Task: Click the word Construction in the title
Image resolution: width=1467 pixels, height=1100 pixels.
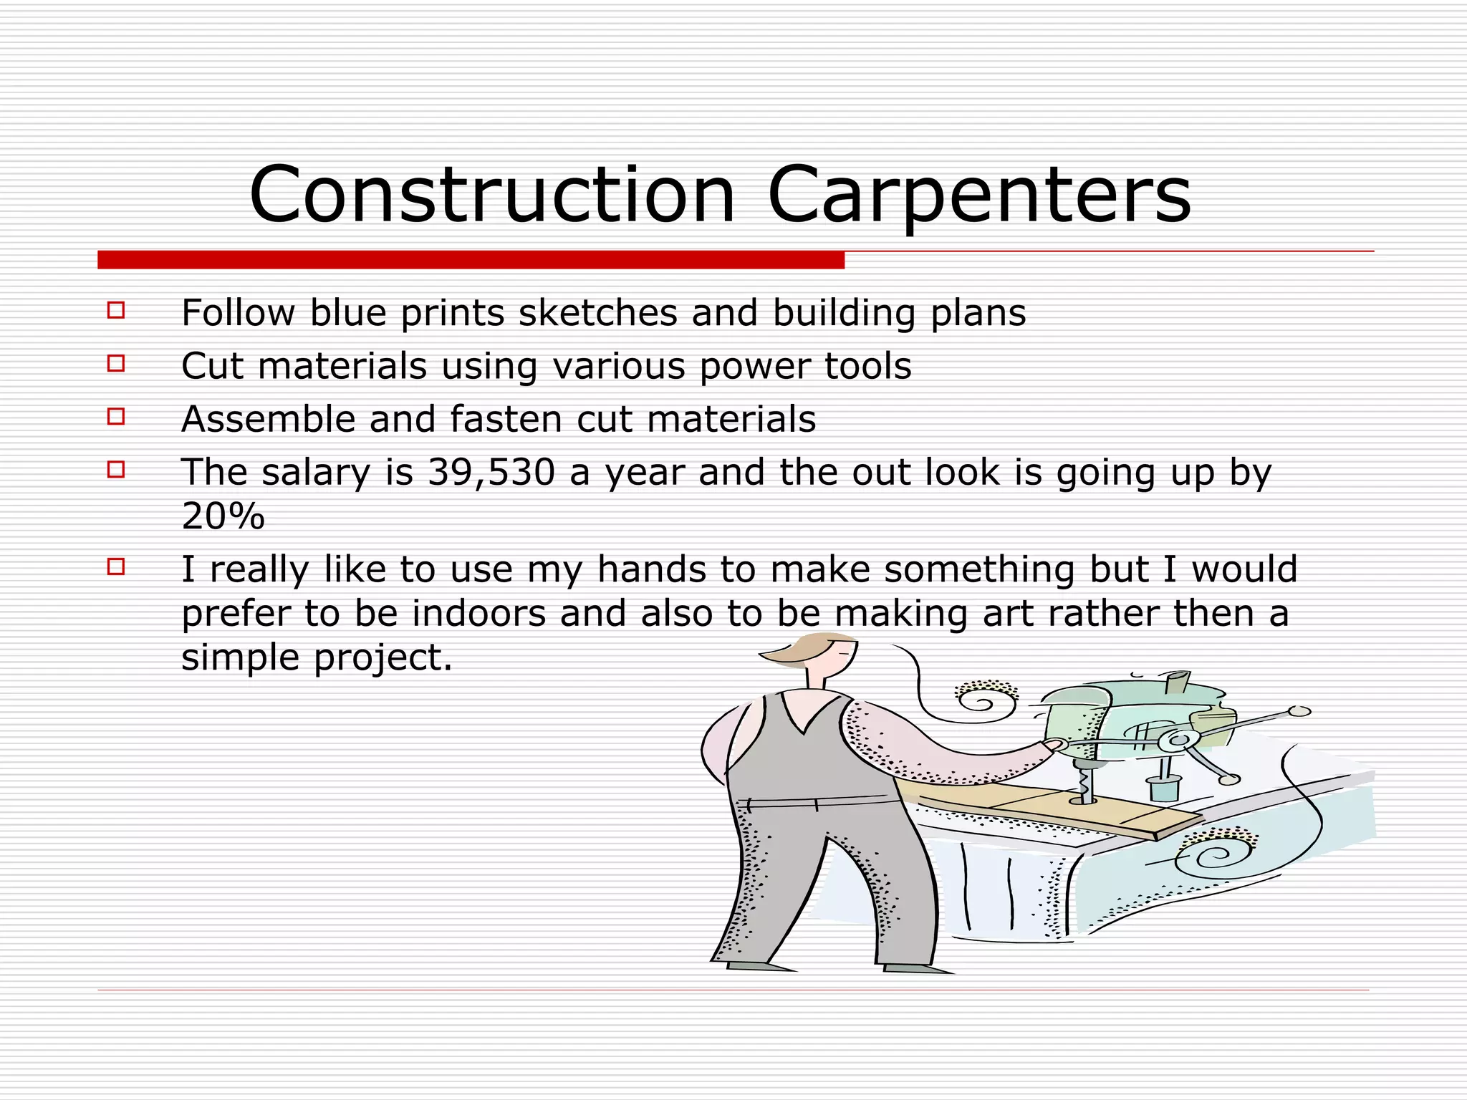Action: tap(492, 195)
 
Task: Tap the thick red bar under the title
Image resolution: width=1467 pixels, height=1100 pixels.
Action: tap(471, 260)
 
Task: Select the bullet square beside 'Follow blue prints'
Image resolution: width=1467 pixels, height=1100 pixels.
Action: tap(116, 311)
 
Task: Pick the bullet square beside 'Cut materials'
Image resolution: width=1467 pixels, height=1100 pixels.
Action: tap(116, 364)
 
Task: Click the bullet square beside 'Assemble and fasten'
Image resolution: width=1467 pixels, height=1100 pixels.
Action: tap(116, 417)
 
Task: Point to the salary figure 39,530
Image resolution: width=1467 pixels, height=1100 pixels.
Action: tap(491, 472)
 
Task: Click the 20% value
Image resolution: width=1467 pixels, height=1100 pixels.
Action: tap(223, 516)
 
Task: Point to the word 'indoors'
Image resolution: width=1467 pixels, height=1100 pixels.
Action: tap(478, 613)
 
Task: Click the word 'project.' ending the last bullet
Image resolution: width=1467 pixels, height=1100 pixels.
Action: tap(383, 657)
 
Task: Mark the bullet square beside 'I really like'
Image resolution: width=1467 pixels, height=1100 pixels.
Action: tap(116, 567)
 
